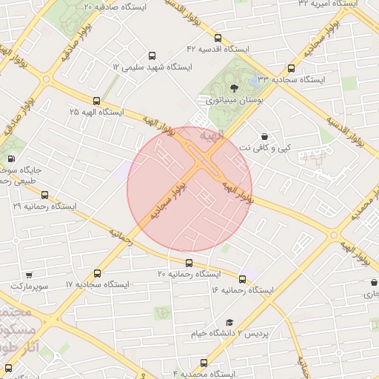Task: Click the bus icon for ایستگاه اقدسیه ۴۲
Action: (218, 38)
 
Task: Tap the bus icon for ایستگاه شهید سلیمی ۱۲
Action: (152, 56)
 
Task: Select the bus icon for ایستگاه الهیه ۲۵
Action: (96, 101)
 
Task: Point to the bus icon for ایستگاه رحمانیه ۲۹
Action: (44, 195)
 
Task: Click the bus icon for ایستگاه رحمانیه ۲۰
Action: (189, 263)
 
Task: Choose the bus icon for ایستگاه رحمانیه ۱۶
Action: (242, 279)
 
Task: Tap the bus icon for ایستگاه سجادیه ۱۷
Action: (98, 274)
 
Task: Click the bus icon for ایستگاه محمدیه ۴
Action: (204, 363)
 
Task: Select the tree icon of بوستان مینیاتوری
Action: (234, 87)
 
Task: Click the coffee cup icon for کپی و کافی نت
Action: (264, 136)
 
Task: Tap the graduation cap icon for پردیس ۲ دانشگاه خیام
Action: (229, 323)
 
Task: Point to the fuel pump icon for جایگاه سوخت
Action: (10, 159)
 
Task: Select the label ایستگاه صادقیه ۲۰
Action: (115, 6)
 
